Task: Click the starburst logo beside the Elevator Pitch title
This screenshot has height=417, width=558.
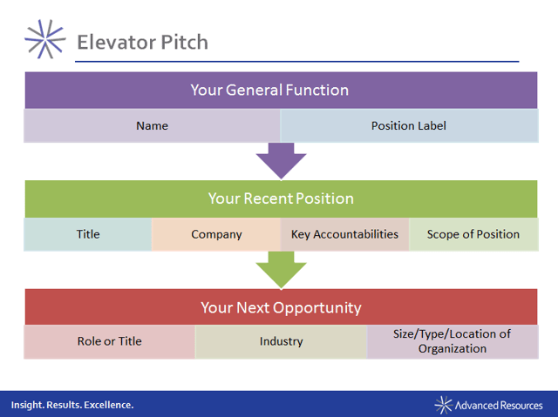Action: [45, 39]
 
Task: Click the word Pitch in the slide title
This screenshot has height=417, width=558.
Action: [184, 42]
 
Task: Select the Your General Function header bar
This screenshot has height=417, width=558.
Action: [281, 91]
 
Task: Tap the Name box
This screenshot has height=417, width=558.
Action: [152, 125]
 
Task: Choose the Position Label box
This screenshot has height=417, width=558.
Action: [409, 125]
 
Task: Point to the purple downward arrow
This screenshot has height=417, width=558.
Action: [281, 161]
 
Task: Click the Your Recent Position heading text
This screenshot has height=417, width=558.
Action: [281, 198]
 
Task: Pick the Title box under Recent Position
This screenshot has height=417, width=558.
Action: [88, 234]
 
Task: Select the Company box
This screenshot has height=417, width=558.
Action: [216, 234]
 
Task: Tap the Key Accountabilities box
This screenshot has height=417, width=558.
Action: [345, 234]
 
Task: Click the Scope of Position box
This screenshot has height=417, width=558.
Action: [473, 234]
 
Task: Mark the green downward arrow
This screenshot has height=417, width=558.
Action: [281, 270]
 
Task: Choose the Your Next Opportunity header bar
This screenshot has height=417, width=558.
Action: [281, 307]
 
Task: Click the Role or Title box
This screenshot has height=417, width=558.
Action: [110, 342]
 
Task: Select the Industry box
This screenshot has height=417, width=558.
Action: [281, 342]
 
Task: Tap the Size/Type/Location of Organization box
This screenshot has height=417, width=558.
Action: [453, 342]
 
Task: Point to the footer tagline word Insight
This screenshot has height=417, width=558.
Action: [27, 405]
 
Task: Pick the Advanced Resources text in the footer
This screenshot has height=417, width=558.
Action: [499, 406]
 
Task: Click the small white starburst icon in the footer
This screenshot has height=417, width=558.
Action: [444, 405]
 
